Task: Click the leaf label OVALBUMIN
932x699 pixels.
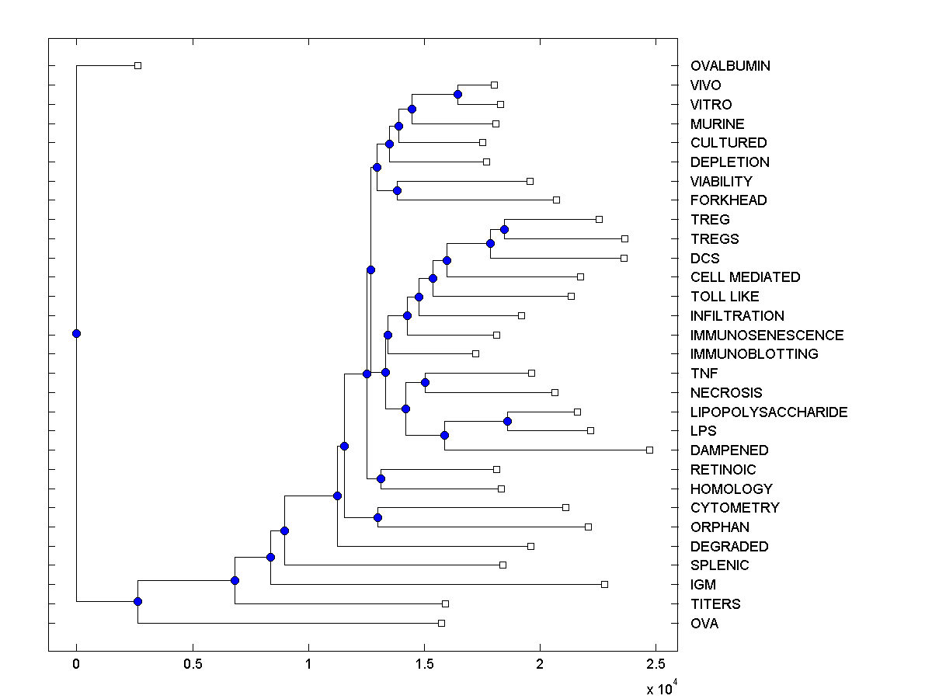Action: (730, 66)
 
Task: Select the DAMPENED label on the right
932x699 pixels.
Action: (729, 450)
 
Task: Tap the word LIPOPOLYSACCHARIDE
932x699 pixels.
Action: (768, 412)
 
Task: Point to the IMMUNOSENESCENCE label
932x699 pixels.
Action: (767, 336)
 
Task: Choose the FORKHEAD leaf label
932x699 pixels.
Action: (728, 200)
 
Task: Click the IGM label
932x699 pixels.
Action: (703, 585)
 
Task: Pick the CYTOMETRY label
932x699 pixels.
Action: (735, 508)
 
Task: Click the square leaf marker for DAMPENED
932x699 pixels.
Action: (650, 450)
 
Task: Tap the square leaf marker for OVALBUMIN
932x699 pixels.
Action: (137, 65)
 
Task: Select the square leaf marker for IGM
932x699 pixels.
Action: (604, 584)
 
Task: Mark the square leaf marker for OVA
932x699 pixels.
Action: (441, 623)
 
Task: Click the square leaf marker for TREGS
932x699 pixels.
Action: (624, 238)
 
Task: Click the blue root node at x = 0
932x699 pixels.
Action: (76, 334)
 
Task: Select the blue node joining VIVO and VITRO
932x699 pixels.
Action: (458, 94)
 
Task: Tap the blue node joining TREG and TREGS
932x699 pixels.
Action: (504, 229)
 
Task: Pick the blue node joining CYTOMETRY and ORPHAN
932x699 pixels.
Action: (377, 517)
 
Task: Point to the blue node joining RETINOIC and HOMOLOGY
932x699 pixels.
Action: (381, 478)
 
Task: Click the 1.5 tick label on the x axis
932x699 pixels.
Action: (424, 664)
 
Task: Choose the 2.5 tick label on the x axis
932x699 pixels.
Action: (656, 664)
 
